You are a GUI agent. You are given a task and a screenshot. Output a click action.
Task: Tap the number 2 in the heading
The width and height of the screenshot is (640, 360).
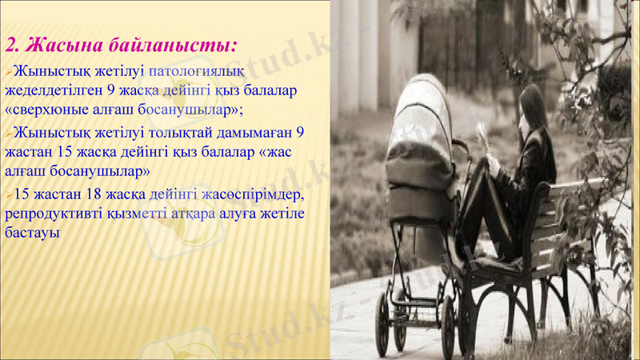[10, 45]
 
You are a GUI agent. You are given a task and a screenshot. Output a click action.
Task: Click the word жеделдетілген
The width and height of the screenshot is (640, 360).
[52, 90]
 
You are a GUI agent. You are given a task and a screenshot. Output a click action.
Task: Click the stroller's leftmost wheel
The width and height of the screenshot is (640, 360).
[382, 323]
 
